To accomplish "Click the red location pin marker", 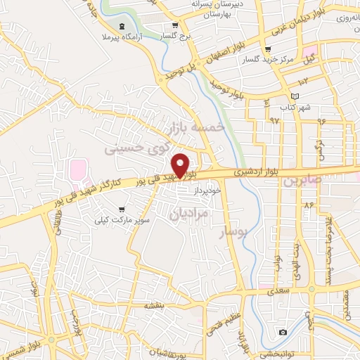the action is click(181, 164).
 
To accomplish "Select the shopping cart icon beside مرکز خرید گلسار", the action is click(267, 49).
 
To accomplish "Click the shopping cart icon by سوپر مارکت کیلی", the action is click(122, 209).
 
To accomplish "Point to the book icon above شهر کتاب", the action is click(295, 96).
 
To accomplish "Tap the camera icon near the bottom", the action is click(283, 332).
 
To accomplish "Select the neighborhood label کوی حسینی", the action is click(138, 147).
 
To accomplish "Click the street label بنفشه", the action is click(154, 305).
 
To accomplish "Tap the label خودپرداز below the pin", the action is click(208, 191).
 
